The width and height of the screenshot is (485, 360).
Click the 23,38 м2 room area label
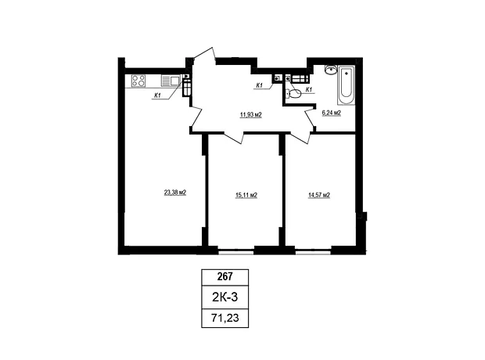pos(175,193)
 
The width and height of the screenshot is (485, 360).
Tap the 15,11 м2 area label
pos(246,195)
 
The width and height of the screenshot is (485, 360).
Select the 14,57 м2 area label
pos(319,195)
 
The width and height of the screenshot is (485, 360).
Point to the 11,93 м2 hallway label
pos(251,115)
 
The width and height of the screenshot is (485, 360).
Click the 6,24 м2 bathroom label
pos(332,113)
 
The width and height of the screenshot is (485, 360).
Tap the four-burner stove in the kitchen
pos(138,81)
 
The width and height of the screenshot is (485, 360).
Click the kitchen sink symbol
pos(171,81)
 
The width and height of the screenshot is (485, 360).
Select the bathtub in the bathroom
pos(346,85)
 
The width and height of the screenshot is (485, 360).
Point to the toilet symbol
pos(293,93)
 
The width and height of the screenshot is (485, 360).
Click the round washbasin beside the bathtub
pos(331,70)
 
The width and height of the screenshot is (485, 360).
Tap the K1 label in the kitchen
pos(157,95)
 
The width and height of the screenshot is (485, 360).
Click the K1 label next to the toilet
pos(308,89)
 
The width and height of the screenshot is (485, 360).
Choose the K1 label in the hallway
pos(259,85)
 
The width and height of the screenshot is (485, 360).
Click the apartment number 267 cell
pos(225,276)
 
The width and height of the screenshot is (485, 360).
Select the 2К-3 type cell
pos(225,297)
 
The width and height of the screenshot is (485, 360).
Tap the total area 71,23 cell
pos(225,318)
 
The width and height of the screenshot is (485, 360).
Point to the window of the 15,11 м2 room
pos(236,253)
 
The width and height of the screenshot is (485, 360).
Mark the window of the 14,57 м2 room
pos(313,253)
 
